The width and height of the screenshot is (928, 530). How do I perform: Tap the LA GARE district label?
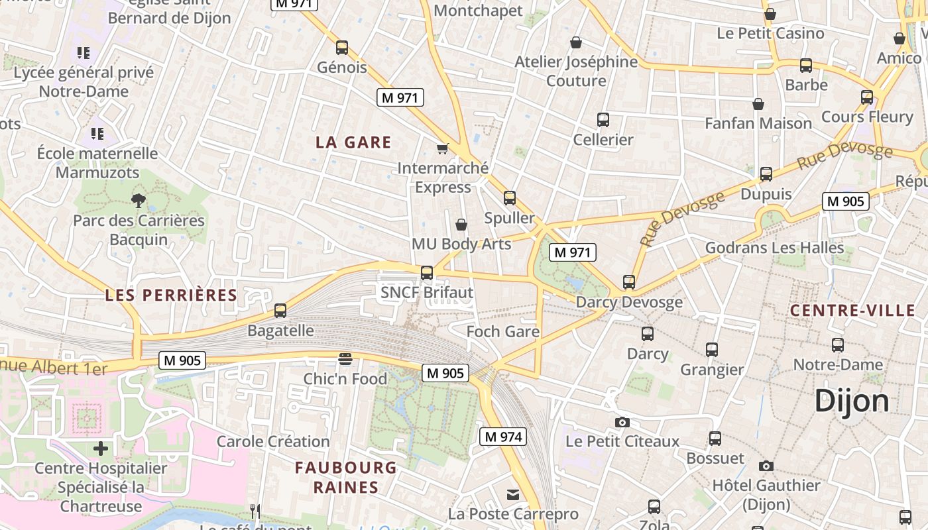click(353, 142)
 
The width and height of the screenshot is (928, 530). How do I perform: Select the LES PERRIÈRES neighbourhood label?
click(171, 295)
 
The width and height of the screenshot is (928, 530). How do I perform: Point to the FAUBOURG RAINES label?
click(345, 478)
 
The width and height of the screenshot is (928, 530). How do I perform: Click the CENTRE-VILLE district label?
click(852, 311)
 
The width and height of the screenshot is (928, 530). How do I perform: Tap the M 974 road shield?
click(502, 437)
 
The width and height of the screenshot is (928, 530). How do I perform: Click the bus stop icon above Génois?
click(342, 48)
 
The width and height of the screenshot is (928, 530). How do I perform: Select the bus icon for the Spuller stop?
click(509, 198)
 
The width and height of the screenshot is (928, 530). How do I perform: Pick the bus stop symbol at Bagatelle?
click(280, 311)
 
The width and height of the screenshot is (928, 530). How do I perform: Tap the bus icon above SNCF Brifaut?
click(427, 273)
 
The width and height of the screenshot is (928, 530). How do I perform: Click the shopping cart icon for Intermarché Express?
click(442, 148)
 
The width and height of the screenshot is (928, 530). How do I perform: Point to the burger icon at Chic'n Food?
click(345, 359)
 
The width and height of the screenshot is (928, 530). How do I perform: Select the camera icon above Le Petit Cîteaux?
click(622, 422)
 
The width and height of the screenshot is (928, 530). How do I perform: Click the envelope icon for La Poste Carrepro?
click(513, 495)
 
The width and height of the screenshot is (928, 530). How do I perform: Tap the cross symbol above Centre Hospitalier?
click(101, 449)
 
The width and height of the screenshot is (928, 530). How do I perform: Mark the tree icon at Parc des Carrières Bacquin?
click(139, 200)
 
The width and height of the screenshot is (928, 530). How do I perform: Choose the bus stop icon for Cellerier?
click(603, 120)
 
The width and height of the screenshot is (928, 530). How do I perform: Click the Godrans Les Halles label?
click(774, 248)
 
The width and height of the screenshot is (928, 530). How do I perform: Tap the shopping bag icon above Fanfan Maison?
click(758, 104)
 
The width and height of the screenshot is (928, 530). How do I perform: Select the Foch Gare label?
click(502, 331)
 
